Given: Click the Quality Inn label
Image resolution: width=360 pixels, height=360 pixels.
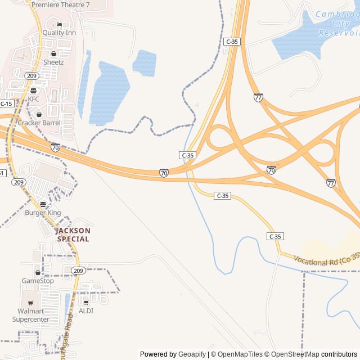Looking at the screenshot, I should click(x=59, y=33).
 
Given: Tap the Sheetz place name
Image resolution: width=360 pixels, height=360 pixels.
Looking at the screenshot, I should click(x=53, y=62).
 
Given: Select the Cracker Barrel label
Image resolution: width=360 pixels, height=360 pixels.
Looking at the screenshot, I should click(x=39, y=123).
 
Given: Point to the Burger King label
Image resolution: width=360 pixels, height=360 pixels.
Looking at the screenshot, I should click(x=43, y=213).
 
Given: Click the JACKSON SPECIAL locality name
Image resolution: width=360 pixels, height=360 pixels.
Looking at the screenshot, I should click(x=73, y=235).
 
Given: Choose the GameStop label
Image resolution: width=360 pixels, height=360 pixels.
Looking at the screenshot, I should click(x=38, y=281).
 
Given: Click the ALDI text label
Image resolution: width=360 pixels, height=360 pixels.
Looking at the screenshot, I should click(x=86, y=310).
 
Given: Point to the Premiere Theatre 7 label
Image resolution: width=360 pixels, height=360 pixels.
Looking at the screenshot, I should click(x=60, y=4).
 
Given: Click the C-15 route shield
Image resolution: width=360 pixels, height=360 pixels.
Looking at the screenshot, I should click(x=6, y=103).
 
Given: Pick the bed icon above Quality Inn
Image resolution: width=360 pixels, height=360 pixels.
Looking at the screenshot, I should click(x=59, y=25).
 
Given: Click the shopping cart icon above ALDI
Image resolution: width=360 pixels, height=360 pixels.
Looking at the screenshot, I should click(x=86, y=303).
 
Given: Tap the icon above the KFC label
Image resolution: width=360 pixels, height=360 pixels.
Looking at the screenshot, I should click(x=34, y=91).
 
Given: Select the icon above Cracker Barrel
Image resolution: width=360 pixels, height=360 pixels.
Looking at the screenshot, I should click(x=39, y=115).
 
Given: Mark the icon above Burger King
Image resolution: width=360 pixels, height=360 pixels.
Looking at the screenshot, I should click(x=43, y=205).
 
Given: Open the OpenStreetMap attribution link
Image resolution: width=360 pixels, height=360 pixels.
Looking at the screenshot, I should click(x=295, y=354).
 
